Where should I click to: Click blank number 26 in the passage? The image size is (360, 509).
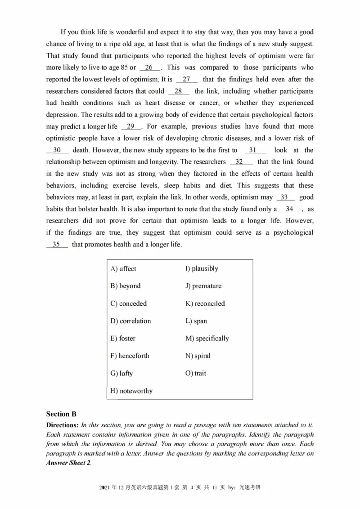149,67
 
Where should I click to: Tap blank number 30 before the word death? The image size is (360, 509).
57,150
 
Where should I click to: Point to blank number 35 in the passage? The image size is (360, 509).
57,245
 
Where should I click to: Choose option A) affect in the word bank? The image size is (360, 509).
123,268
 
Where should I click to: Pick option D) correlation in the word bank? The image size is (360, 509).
130,321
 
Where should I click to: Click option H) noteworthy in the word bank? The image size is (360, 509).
131,391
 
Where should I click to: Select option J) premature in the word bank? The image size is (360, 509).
203,286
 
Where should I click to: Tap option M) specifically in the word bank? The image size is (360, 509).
207,338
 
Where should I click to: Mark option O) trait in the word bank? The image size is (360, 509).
196,373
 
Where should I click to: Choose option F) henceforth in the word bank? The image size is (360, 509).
130,356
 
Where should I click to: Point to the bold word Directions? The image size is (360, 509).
63,425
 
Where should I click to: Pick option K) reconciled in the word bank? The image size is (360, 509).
205,304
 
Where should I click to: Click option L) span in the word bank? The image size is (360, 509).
196,321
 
